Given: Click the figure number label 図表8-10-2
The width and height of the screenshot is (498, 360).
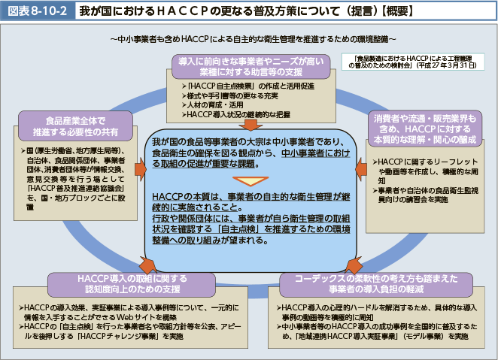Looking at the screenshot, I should (36, 11).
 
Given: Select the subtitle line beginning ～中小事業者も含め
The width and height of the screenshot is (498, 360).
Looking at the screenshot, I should (248, 38).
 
